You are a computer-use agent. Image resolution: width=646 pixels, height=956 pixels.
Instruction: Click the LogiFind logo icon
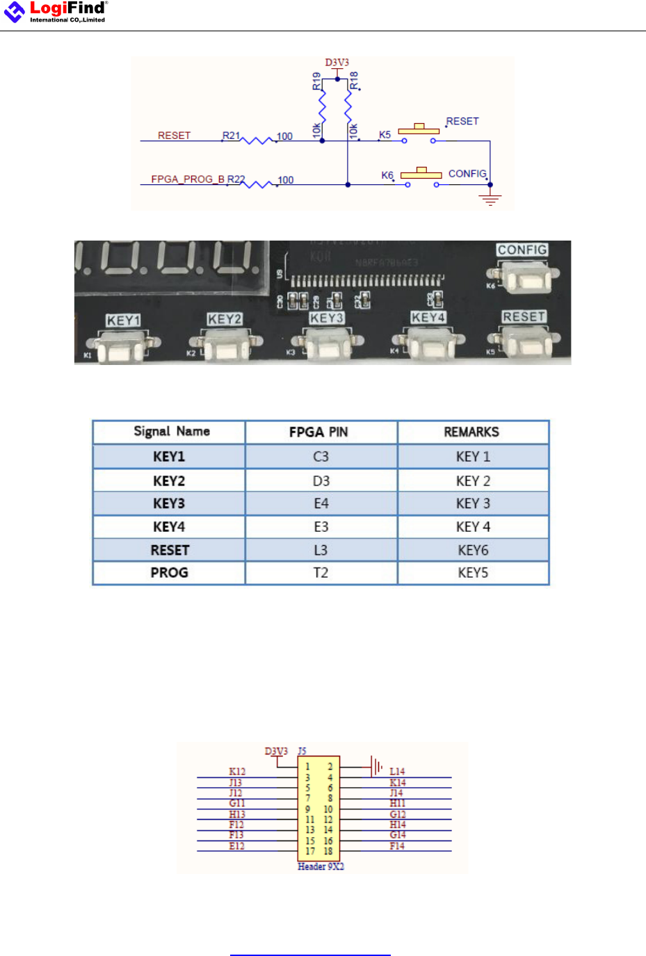pos(14,12)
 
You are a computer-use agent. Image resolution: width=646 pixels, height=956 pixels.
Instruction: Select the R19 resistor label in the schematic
pos(317,81)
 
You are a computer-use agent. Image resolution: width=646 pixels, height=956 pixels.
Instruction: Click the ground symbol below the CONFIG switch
pos(490,200)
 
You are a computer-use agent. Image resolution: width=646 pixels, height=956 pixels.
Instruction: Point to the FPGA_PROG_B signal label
pos(188,179)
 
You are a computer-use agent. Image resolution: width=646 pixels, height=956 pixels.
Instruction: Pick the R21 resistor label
pos(231,136)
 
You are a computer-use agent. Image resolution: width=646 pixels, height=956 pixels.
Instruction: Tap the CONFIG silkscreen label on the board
pos(522,250)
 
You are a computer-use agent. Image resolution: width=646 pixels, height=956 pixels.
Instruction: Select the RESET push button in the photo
pos(526,343)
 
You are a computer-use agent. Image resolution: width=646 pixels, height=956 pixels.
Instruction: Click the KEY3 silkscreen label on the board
pos(327,318)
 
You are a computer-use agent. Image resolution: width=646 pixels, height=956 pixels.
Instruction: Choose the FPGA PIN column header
pos(318,432)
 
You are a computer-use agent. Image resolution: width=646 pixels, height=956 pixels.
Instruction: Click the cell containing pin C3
pos(321,457)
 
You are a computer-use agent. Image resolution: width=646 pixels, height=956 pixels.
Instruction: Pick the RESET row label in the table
pos(170,550)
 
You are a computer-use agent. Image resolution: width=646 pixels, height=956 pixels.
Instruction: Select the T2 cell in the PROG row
pos(321,573)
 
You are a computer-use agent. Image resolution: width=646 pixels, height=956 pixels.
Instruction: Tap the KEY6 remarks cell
pos(473,550)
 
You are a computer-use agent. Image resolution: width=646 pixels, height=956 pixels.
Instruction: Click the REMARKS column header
pos(471,432)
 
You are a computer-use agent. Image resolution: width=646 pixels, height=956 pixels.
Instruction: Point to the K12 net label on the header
pos(237,772)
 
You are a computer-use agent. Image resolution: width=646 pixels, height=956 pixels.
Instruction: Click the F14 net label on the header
pos(397,846)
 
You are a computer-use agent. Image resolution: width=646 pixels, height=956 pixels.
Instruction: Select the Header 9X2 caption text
pos(321,866)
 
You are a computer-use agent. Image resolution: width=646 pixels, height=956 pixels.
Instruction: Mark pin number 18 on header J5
pos(328,851)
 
